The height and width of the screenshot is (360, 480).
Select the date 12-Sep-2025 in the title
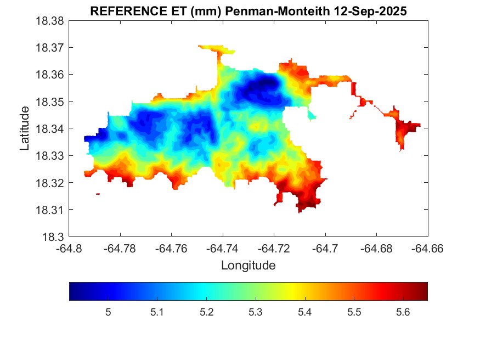pos(379,12)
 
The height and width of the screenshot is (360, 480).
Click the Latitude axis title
pos(25,128)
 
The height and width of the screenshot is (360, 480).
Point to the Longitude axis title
pos(248,266)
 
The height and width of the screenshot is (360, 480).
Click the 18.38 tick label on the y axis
pos(50,21)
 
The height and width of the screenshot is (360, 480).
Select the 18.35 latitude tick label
pos(50,102)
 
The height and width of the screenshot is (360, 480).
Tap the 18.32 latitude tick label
pos(50,183)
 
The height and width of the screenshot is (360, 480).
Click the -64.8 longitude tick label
pos(69,248)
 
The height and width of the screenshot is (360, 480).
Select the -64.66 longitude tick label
pos(427,248)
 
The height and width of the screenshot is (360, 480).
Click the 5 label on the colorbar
pos(108,312)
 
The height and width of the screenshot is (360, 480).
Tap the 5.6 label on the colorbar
pos(403,312)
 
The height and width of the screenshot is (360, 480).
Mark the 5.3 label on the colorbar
pos(256,312)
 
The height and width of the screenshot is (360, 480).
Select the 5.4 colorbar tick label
pos(304,312)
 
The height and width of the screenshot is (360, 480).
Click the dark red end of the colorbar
pos(423,291)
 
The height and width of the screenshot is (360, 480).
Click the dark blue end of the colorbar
pos(74,291)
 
